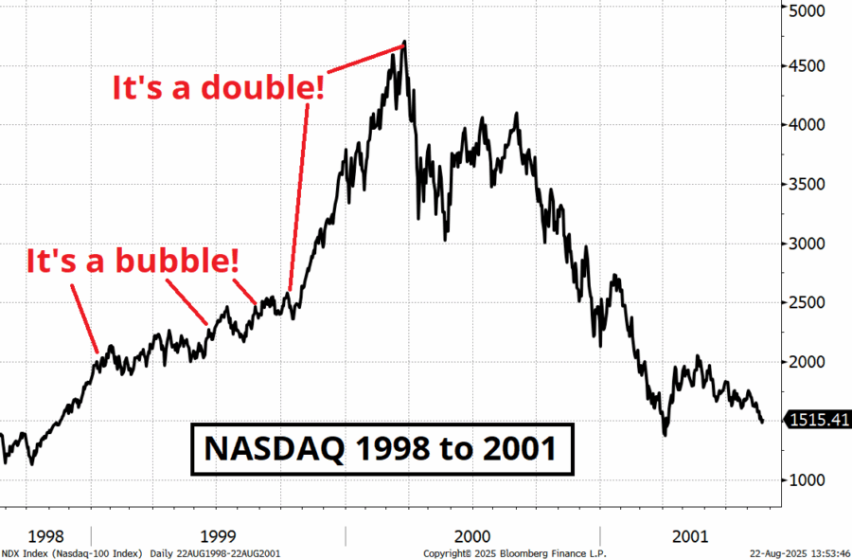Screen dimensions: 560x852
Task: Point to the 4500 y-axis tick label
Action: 809,66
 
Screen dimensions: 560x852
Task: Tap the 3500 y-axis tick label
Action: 809,184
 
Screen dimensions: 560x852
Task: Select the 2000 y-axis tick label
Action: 809,362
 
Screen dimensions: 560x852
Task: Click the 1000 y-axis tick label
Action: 809,480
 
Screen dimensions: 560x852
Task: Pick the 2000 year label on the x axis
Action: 471,536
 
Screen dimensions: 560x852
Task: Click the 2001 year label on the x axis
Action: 688,536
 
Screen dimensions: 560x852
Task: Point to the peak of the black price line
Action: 404,43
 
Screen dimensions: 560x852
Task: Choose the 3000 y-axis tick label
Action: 809,244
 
